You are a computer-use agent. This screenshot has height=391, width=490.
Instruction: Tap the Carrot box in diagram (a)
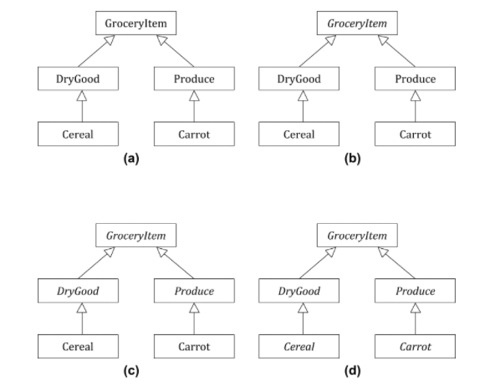[194, 134]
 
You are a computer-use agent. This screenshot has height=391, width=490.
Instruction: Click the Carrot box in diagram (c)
[194, 346]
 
